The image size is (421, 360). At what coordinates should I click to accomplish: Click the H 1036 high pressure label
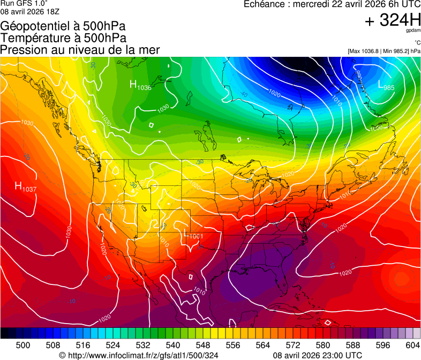pyautogui.click(x=140, y=85)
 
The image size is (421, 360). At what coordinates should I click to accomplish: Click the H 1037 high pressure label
pyautogui.click(x=25, y=187)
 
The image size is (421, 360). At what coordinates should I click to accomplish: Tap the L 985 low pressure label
pyautogui.click(x=386, y=85)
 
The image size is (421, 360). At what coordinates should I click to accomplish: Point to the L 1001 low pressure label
pyautogui.click(x=193, y=235)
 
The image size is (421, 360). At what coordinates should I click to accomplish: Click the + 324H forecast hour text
pyautogui.click(x=392, y=21)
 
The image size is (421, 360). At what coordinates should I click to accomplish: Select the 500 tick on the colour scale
pyautogui.click(x=23, y=344)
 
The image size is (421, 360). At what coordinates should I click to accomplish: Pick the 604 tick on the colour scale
pyautogui.click(x=413, y=344)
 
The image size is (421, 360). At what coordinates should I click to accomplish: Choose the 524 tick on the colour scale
pyautogui.click(x=113, y=344)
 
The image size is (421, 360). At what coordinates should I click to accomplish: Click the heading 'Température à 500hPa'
pyautogui.click(x=63, y=38)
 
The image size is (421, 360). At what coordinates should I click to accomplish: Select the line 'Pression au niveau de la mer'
pyautogui.click(x=80, y=50)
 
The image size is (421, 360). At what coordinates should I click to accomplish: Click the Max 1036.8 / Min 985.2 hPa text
pyautogui.click(x=384, y=51)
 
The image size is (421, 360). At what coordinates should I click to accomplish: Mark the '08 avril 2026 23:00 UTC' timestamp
pyautogui.click(x=317, y=355)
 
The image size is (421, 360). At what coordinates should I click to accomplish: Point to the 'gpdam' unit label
pyautogui.click(x=413, y=31)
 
